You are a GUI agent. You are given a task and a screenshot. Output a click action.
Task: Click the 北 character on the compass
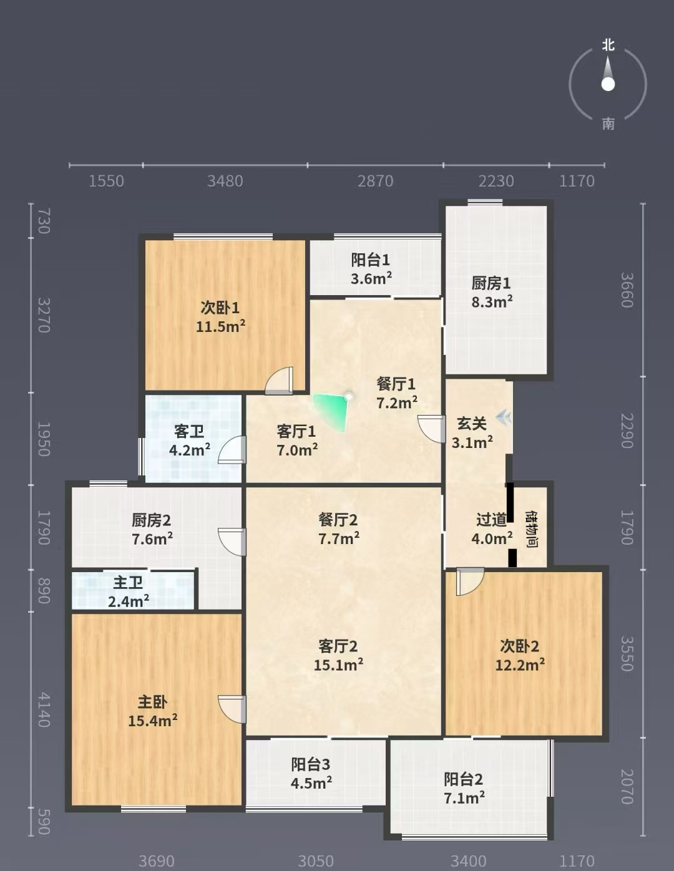(x=608, y=44)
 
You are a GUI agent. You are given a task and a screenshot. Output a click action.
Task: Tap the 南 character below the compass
(x=608, y=124)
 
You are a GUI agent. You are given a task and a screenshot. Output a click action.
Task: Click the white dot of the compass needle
(x=608, y=84)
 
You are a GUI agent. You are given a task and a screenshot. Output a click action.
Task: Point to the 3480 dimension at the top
(x=225, y=181)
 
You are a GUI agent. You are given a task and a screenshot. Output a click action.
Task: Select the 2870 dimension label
(x=375, y=181)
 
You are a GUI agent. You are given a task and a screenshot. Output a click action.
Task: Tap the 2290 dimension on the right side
(x=627, y=431)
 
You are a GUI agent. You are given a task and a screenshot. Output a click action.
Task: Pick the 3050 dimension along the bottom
(x=316, y=861)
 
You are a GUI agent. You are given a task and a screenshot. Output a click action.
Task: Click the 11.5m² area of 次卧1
(x=220, y=326)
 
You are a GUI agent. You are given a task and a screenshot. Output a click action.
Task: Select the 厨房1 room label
(x=491, y=283)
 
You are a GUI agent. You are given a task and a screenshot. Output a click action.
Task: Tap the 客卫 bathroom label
(x=189, y=432)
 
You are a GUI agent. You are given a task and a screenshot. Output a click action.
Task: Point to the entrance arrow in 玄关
(x=504, y=417)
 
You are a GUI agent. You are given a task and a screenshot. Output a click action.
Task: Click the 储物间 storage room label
(x=532, y=528)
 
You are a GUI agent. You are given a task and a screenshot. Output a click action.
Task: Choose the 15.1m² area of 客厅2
(x=338, y=665)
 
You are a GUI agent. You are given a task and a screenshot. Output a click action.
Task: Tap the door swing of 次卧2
(x=471, y=581)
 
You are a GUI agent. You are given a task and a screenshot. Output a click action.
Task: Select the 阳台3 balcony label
(x=311, y=764)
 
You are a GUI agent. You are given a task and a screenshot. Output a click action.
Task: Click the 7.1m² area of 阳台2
(x=464, y=797)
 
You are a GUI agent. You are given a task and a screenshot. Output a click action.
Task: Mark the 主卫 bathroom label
(x=128, y=582)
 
